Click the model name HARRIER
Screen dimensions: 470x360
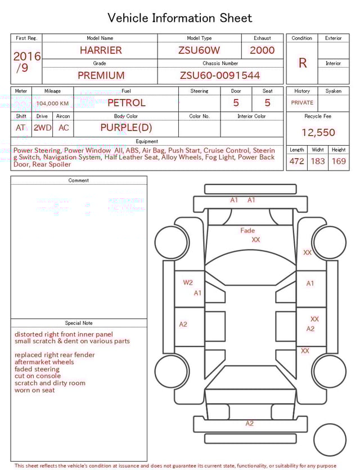coord(101,50)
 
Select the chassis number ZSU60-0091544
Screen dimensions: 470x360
coord(220,75)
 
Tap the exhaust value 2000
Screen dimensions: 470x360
coord(262,50)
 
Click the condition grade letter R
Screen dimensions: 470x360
coord(302,63)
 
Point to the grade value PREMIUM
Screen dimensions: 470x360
coord(101,75)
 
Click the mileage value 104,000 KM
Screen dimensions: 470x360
coord(52,104)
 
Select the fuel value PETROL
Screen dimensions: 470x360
coord(126,103)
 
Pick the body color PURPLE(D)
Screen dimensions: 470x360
coord(126,128)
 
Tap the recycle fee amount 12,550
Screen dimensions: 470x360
coord(318,133)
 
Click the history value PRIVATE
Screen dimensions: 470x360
coord(302,103)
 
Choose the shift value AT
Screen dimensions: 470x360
coord(21,128)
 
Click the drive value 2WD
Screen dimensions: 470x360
coord(42,128)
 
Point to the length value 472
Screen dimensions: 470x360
coord(296,162)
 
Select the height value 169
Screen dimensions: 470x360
coord(339,162)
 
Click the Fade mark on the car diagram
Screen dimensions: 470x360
coord(247,230)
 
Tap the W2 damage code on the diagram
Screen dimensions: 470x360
coord(188,283)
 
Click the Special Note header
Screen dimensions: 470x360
coord(79,323)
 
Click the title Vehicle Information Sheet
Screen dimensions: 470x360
coord(180,18)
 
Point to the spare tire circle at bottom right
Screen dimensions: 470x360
coord(330,440)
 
